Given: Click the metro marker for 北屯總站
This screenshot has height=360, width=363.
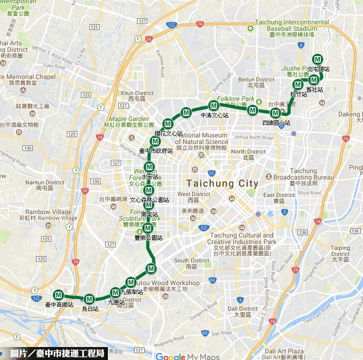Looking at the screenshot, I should (x=318, y=60).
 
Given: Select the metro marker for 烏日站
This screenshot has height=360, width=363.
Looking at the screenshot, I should (x=90, y=299).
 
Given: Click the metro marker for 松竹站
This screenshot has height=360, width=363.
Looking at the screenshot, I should (x=298, y=85).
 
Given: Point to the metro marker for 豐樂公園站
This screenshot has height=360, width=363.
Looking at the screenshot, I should (x=148, y=228).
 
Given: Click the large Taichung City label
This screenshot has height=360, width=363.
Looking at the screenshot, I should (x=221, y=183).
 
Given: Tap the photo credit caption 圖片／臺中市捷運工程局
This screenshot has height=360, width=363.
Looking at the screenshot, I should (x=53, y=354).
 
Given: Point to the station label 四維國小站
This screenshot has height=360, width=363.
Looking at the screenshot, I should (x=276, y=122).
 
